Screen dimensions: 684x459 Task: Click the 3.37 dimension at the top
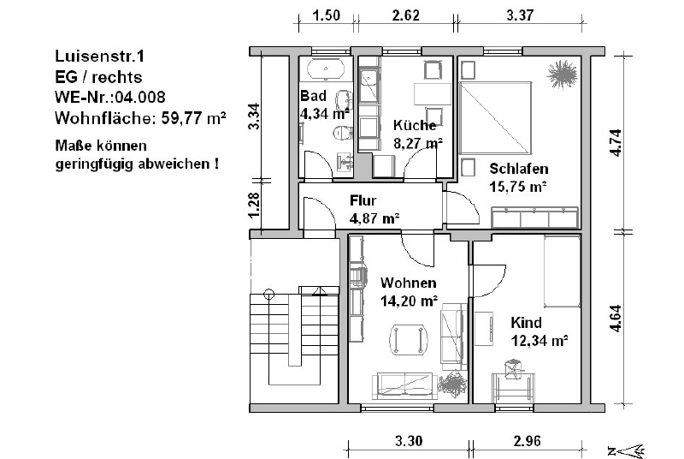tap(520, 15)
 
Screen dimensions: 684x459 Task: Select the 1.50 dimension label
tap(327, 15)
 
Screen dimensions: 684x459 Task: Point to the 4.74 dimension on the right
tap(616, 143)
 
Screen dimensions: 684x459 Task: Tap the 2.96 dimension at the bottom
tap(527, 441)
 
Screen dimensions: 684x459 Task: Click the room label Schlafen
tap(519, 169)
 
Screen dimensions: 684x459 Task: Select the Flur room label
tap(363, 200)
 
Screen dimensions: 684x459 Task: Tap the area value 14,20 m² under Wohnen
tap(409, 301)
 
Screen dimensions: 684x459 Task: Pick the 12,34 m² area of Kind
tap(540, 340)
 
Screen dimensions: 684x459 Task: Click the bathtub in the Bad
tap(326, 69)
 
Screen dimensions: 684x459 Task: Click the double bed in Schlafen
tap(496, 118)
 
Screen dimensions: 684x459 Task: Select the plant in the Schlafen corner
tap(563, 75)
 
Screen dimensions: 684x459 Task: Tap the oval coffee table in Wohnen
tap(409, 339)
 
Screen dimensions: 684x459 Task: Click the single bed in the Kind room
tap(562, 271)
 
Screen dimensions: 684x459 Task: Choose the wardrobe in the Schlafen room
tap(535, 218)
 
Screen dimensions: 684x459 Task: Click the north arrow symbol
tap(627, 450)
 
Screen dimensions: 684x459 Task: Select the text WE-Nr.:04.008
tap(110, 97)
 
